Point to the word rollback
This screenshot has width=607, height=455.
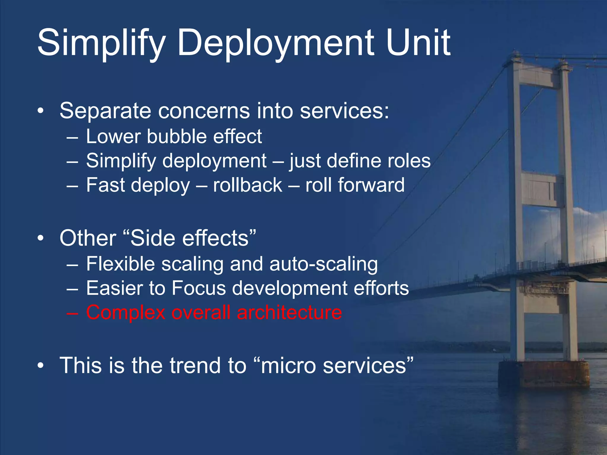tap(247, 185)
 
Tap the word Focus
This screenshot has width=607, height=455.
tap(199, 288)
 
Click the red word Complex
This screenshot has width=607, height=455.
tap(126, 313)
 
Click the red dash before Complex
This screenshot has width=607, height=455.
tap(72, 313)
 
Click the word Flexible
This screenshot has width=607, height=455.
tap(120, 264)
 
